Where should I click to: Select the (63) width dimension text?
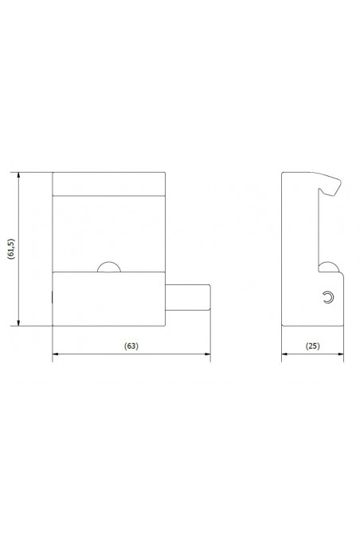[132, 346]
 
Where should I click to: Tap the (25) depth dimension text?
[312, 346]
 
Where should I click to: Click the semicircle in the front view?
[108, 268]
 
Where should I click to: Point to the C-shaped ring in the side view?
[327, 297]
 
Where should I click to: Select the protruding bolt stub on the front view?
[188, 298]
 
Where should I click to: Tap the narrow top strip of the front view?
[108, 183]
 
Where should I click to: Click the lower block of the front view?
[108, 299]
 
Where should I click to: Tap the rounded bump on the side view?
[326, 267]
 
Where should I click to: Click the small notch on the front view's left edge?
[53, 298]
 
